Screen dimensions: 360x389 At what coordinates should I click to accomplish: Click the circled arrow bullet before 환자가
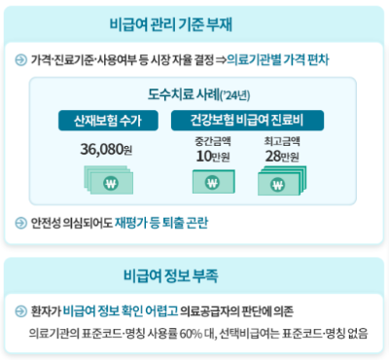(x=21, y=311)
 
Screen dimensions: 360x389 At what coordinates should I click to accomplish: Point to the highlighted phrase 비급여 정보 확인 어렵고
(x=108, y=311)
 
